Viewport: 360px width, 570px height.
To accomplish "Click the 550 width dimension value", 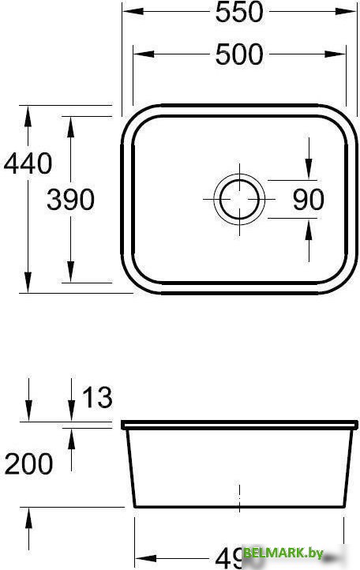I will (238, 13).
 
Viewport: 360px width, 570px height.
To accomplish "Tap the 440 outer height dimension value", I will (28, 163).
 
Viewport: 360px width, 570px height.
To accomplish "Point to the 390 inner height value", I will (70, 200).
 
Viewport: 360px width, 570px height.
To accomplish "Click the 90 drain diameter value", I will (308, 199).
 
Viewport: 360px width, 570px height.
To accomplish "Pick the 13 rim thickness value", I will (97, 398).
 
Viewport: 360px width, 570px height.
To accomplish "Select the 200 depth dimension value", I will (29, 463).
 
